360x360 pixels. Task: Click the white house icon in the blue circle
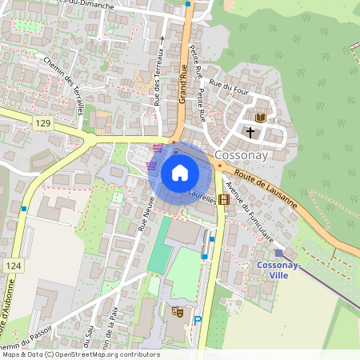pos(180,173)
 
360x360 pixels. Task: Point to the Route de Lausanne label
pos(261,182)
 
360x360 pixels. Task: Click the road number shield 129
pos(43,122)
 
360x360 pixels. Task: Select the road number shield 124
pos(12,265)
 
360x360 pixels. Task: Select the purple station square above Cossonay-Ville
pos(278,252)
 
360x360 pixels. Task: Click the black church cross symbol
pos(250,130)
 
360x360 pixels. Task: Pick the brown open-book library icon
pos(260,118)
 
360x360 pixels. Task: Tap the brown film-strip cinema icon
pos(222,200)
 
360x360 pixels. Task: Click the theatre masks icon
pos(178,310)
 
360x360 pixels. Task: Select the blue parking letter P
pos(197,320)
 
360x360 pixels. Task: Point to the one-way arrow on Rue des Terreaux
pos(162,37)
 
